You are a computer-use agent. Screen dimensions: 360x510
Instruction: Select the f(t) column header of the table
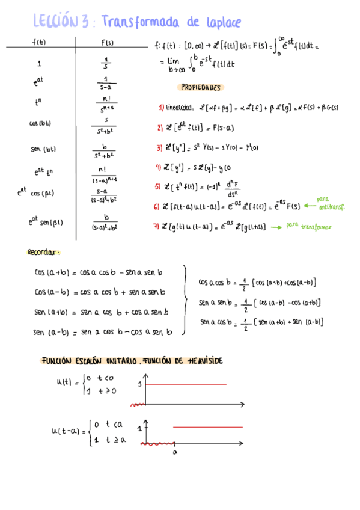coord(39,41)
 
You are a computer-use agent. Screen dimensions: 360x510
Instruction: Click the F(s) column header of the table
coord(106,41)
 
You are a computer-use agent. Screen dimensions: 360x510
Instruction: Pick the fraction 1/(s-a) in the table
coord(106,82)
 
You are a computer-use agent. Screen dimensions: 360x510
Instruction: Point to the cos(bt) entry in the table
coord(40,123)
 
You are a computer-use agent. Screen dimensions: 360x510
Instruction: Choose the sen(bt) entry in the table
coord(42,149)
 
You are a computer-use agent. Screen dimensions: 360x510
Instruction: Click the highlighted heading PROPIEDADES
coord(201,87)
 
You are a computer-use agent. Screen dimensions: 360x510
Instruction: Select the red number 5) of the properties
coord(158,186)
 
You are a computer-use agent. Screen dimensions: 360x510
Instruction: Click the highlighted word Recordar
coord(44,253)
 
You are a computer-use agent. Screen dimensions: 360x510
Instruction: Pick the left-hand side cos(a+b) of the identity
coord(50,272)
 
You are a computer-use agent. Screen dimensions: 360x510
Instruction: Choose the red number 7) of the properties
coord(157,226)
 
